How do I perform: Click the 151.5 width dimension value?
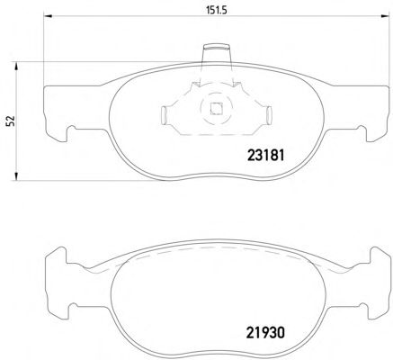click(217, 10)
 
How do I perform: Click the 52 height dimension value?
click(11, 121)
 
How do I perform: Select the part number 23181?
click(265, 156)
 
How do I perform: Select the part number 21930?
click(265, 333)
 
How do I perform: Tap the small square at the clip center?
click(216, 109)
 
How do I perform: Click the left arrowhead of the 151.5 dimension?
click(49, 16)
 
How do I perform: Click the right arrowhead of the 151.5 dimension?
click(385, 16)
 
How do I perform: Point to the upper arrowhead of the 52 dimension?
click(16, 67)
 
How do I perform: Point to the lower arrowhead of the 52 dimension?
click(16, 176)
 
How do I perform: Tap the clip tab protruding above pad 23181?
click(217, 54)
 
